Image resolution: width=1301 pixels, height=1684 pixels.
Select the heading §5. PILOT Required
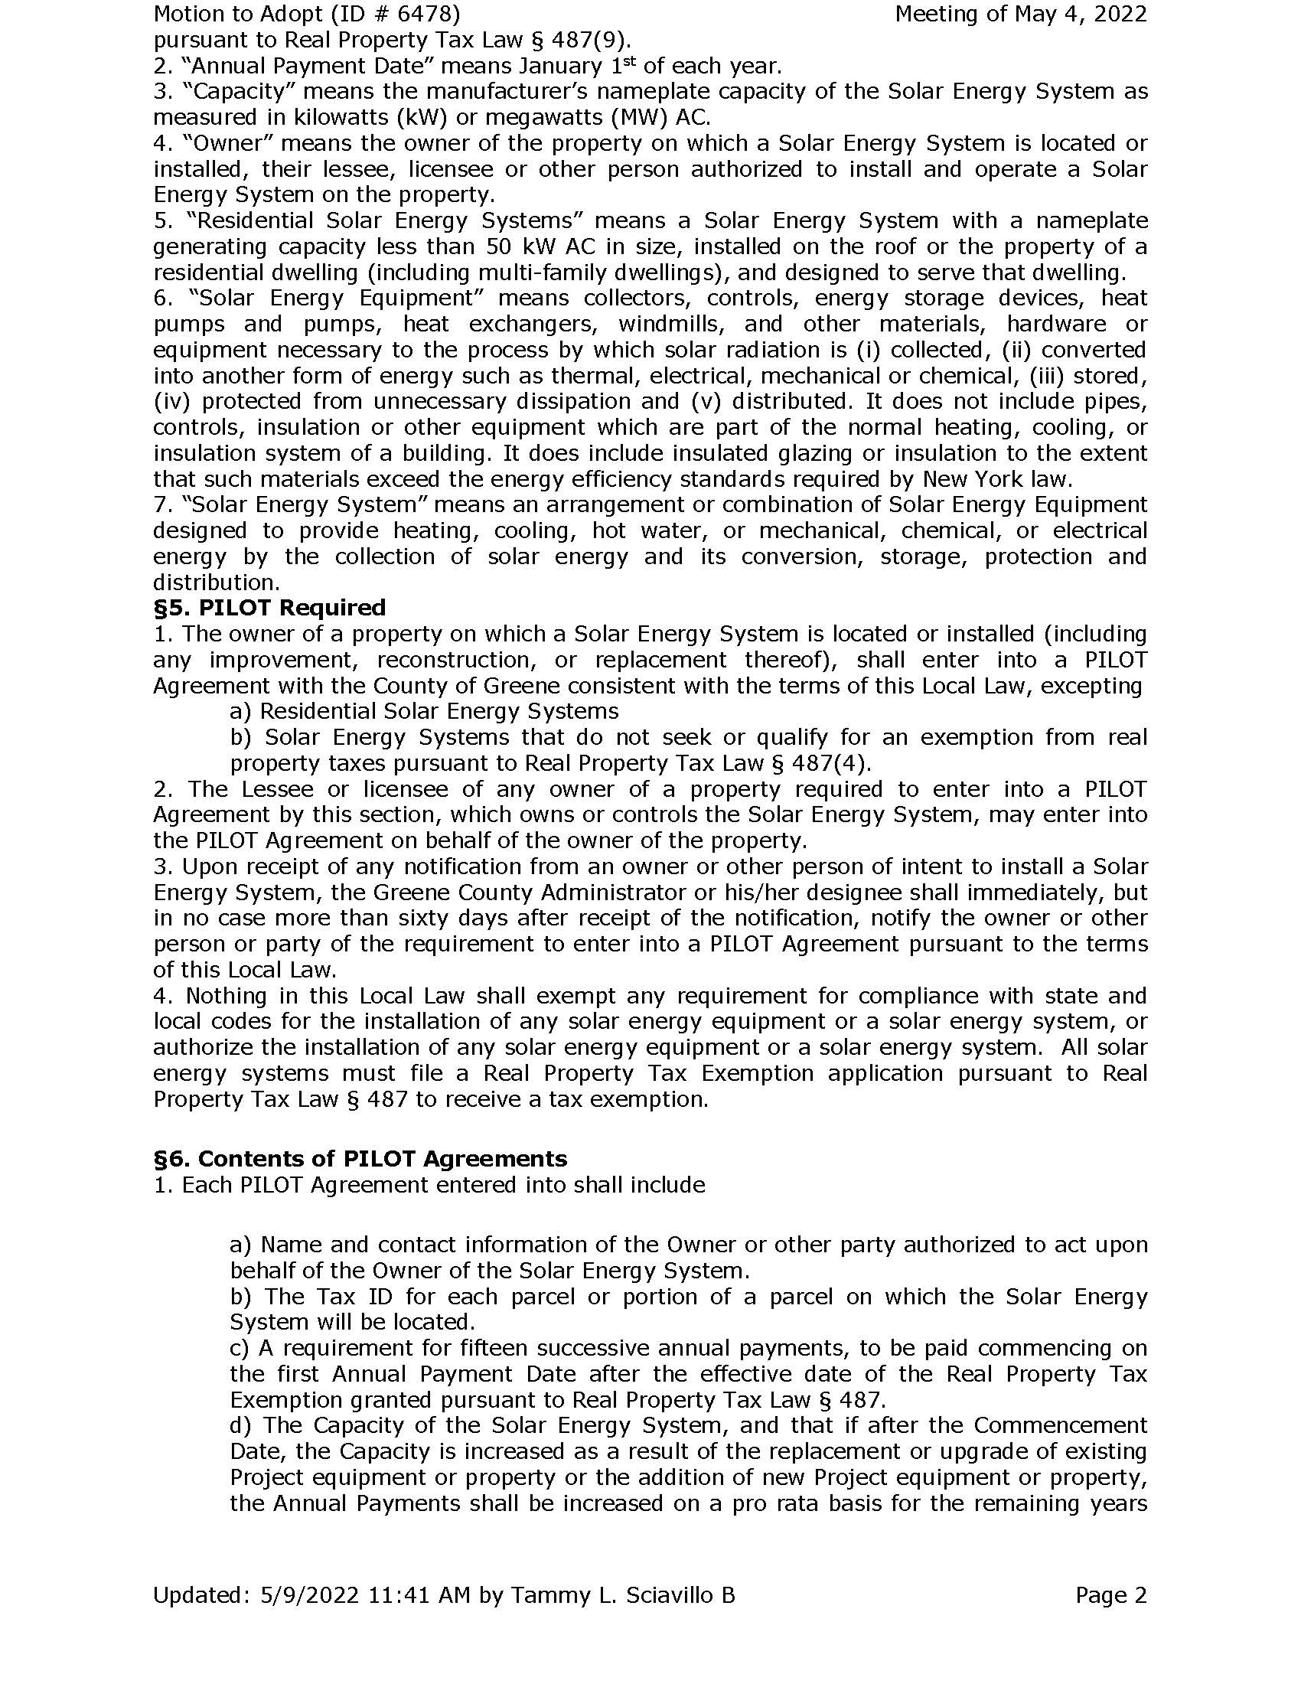pos(269,609)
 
